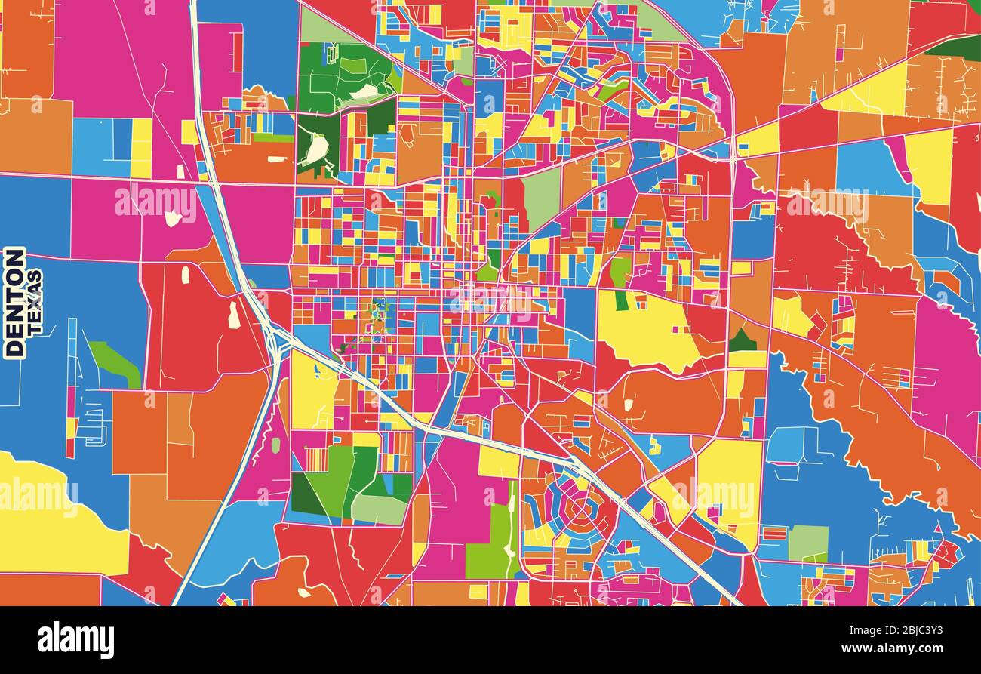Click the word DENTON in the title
point(14,302)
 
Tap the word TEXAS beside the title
point(35,302)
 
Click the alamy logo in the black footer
point(75,640)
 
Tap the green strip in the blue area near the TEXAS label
point(113,363)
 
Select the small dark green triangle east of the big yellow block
point(742,341)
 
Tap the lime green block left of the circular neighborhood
point(487,540)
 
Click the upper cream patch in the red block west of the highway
point(186,275)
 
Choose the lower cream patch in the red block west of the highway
point(234,315)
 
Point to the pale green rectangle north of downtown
point(541,199)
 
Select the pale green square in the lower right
point(808,542)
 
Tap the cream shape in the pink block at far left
point(173,217)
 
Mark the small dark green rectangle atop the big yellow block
point(621,300)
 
